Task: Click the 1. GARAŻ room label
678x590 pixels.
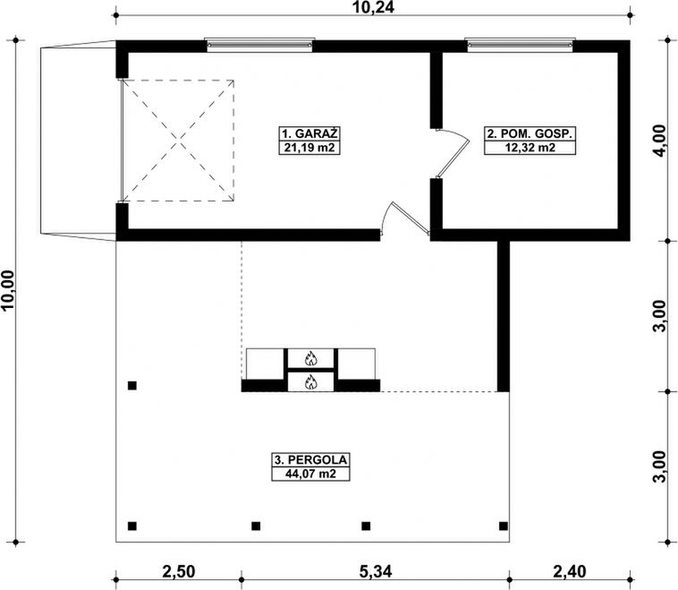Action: pos(309,133)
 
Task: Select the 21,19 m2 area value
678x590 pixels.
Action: pos(309,148)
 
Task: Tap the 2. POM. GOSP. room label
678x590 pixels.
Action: pos(530,133)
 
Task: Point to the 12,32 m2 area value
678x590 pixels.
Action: pos(530,148)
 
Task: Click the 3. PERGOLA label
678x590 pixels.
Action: pos(310,459)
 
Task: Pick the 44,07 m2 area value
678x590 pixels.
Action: pos(310,474)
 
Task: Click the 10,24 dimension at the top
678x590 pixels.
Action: pos(374,7)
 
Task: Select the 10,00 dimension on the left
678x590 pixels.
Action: pos(8,290)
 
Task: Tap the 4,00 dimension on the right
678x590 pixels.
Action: pos(660,141)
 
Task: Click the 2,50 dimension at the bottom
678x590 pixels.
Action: pos(179,571)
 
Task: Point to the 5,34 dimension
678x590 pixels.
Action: pos(376,571)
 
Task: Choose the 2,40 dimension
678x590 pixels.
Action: pos(570,571)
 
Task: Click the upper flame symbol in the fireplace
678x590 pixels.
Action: pos(311,358)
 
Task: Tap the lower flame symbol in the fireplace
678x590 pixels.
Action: pos(311,381)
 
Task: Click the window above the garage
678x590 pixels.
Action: pos(259,45)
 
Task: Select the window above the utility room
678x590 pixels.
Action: pos(521,45)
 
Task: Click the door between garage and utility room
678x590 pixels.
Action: pos(453,153)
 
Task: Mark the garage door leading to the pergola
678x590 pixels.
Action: pos(405,218)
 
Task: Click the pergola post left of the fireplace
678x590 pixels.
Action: pos(132,385)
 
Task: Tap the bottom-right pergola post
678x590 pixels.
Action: pos(504,526)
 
